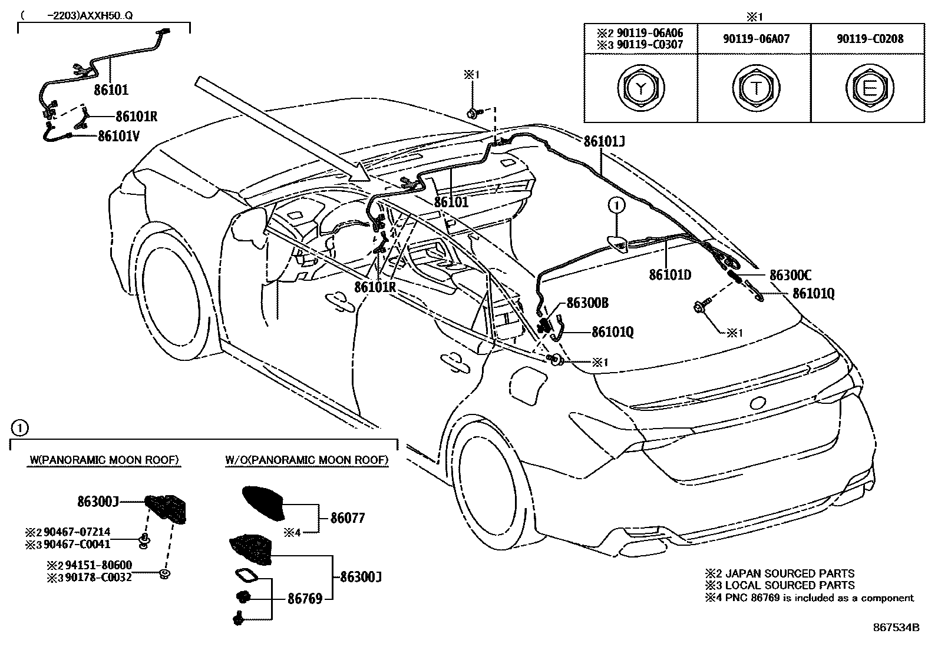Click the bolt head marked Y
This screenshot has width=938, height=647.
click(640, 88)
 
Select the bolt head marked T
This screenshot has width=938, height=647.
click(755, 88)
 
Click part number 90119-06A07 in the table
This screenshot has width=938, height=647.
click(756, 39)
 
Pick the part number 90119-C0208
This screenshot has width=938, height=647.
click(870, 39)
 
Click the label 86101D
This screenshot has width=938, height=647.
click(670, 274)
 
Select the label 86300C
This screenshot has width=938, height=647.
click(790, 275)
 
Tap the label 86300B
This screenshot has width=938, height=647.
click(587, 303)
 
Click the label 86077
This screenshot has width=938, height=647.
click(348, 518)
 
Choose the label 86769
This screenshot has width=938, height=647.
click(305, 599)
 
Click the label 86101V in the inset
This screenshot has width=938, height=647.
click(118, 136)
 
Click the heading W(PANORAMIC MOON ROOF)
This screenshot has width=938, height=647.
click(104, 460)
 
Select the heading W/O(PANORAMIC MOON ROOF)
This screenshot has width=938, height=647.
click(306, 460)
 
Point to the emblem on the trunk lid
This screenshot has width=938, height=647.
click(757, 403)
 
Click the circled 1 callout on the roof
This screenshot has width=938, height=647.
click(616, 205)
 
